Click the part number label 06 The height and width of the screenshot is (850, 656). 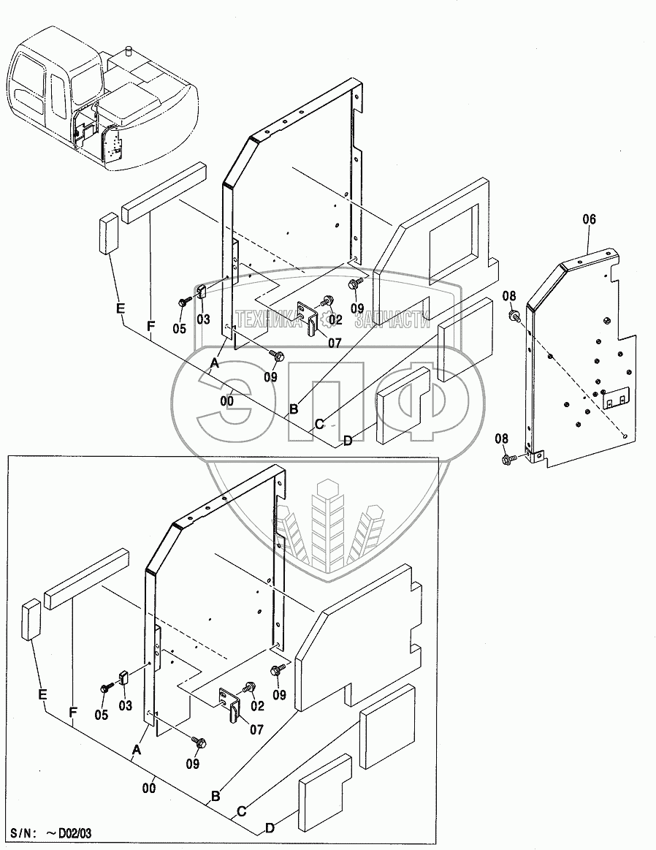click(590, 219)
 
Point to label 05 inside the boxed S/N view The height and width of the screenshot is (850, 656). click(101, 715)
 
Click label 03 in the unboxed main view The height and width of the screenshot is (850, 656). click(202, 319)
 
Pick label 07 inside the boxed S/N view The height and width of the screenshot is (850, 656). click(256, 729)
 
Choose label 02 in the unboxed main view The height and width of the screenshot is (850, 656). click(335, 319)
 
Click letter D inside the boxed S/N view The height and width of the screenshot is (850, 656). click(270, 828)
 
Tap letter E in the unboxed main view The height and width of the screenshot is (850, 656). click(120, 308)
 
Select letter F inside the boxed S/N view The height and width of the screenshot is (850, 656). click(73, 710)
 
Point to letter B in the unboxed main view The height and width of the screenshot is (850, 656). click(294, 409)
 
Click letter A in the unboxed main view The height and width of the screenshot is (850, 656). click(215, 363)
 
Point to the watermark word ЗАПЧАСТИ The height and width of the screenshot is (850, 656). click(388, 319)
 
